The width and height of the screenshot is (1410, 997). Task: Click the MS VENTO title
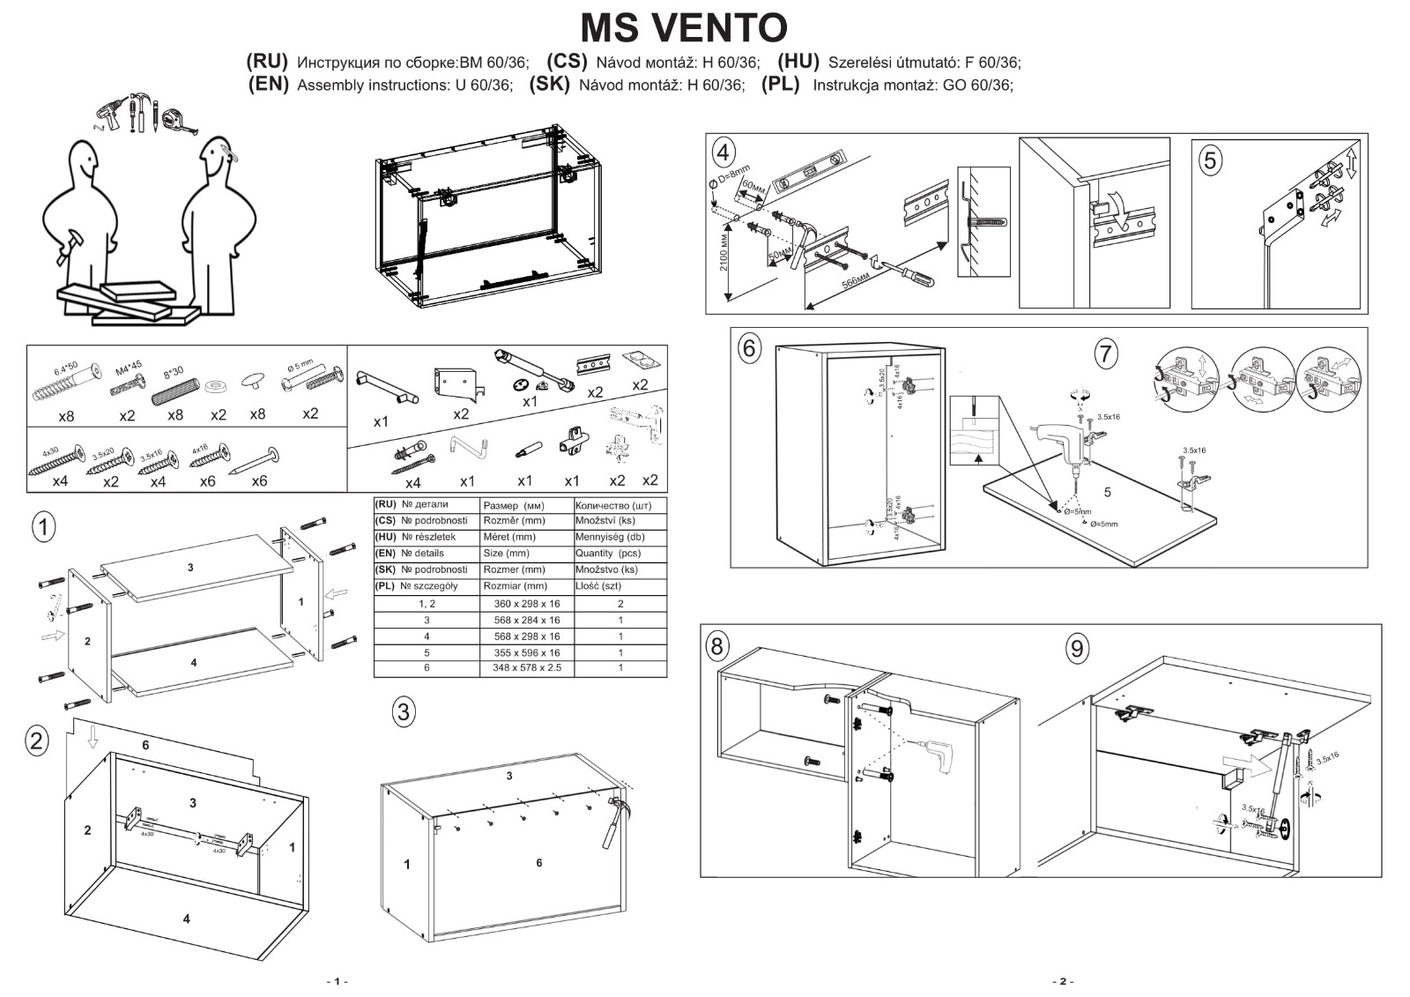(x=684, y=27)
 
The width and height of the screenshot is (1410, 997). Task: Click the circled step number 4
(x=723, y=153)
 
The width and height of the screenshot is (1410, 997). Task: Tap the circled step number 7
(x=1105, y=353)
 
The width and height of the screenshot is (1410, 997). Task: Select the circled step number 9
(x=1076, y=649)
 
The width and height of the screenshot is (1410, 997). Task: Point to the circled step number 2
(x=36, y=740)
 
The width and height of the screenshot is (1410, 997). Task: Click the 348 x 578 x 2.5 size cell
(x=526, y=668)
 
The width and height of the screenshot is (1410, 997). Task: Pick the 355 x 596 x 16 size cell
(x=526, y=652)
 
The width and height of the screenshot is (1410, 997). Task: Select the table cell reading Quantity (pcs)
(x=606, y=554)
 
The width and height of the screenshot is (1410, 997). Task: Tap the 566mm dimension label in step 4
(x=856, y=283)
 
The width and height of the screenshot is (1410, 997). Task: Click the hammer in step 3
(x=612, y=821)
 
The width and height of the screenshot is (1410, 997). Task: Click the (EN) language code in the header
(x=268, y=85)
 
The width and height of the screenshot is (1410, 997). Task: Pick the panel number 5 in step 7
(x=1108, y=492)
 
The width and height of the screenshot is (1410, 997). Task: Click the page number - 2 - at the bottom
(x=1062, y=981)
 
